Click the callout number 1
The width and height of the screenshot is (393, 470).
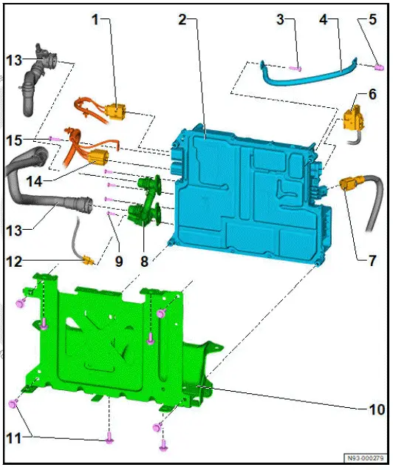click(95, 20)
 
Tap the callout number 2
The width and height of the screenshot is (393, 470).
click(182, 20)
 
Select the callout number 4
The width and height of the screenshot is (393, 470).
click(323, 20)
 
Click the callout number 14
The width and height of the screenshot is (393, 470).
click(30, 180)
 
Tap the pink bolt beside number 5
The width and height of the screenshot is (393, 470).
click(377, 68)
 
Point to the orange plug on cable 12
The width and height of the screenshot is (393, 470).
click(90, 260)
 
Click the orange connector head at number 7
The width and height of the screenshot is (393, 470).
click(349, 182)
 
